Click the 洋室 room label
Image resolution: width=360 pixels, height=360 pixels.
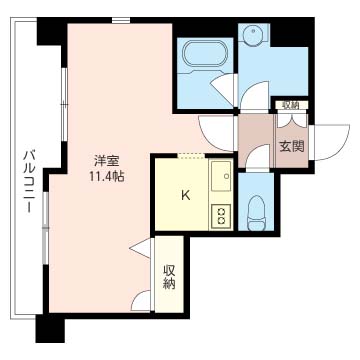click(107, 162)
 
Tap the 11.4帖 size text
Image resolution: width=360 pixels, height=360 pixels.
click(107, 176)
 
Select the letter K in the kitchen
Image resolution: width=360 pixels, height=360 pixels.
click(186, 196)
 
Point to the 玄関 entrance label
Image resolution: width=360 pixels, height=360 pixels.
click(292, 147)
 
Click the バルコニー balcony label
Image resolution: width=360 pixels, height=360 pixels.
click(30, 181)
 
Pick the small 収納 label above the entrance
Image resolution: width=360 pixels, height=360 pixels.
click(291, 105)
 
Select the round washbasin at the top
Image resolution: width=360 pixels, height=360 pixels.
click(253, 34)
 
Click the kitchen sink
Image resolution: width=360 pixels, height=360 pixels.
click(221, 176)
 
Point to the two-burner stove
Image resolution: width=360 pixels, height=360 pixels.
click(221, 216)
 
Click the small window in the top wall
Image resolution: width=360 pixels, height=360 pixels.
click(121, 20)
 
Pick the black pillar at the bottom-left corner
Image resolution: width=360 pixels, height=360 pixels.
click(50, 329)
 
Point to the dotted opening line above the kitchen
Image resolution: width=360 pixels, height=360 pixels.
click(191, 154)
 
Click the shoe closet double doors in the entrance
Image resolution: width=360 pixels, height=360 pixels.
click(292, 121)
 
